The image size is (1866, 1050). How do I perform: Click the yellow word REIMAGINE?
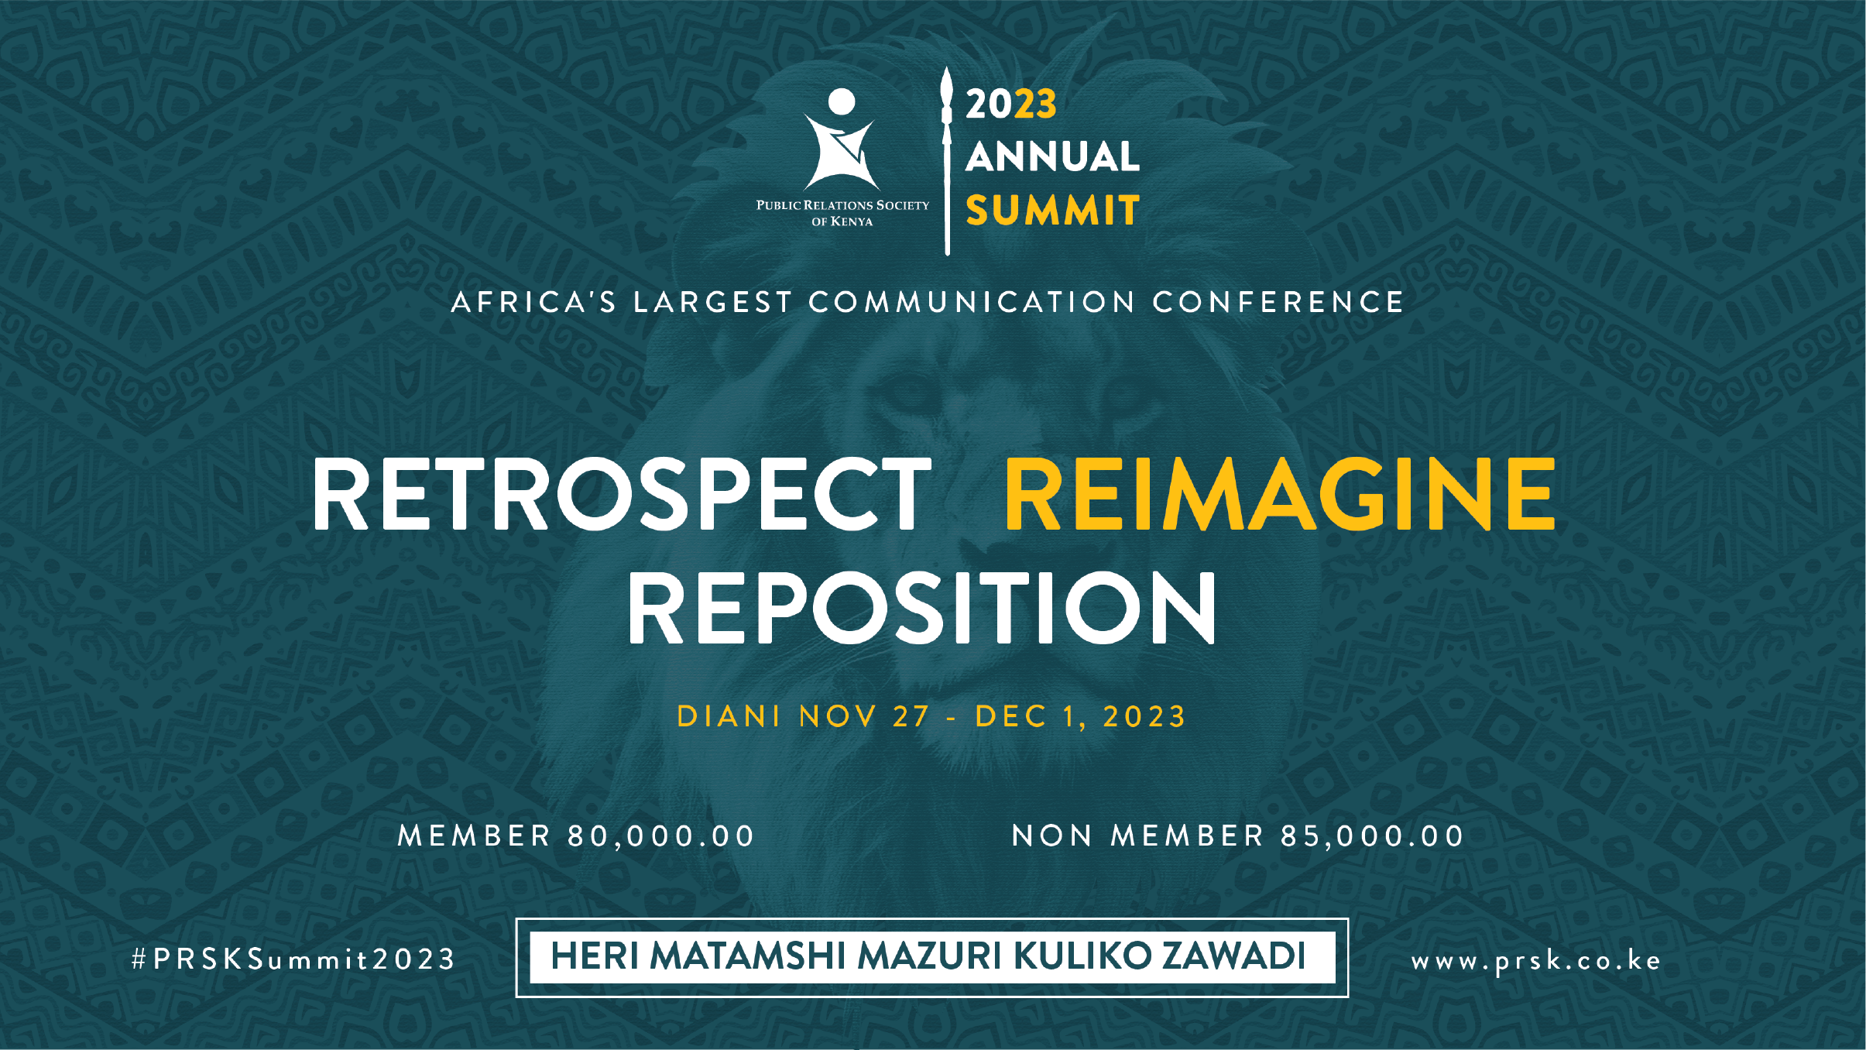[1280, 494]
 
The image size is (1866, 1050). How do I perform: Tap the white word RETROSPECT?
[621, 494]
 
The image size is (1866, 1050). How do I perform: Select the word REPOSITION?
[921, 608]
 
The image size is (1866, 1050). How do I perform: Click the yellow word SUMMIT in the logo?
[1052, 210]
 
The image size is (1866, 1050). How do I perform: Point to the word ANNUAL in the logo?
[1052, 156]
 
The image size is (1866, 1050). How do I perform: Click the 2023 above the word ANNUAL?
[1011, 104]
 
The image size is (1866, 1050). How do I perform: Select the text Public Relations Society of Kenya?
[842, 213]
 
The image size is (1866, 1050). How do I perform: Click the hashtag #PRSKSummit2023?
[293, 960]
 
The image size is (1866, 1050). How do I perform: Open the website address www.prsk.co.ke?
[1536, 961]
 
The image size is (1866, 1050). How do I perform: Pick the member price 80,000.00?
[661, 836]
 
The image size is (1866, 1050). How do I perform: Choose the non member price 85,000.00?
[1372, 836]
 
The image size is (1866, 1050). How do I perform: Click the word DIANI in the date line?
[729, 716]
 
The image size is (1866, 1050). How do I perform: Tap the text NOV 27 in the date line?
[864, 716]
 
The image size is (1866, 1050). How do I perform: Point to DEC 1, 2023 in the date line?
[1081, 717]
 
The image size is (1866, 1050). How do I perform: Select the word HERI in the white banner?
[595, 956]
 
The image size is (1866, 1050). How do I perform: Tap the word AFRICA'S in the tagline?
[534, 302]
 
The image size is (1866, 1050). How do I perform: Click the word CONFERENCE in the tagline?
[1278, 302]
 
